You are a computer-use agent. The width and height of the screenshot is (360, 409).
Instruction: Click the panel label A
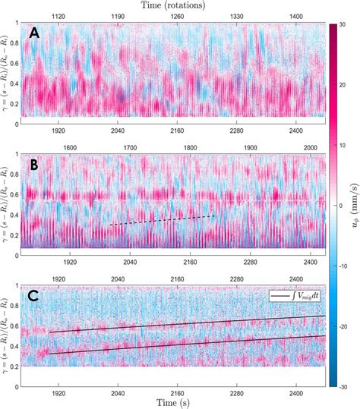click(35, 33)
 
